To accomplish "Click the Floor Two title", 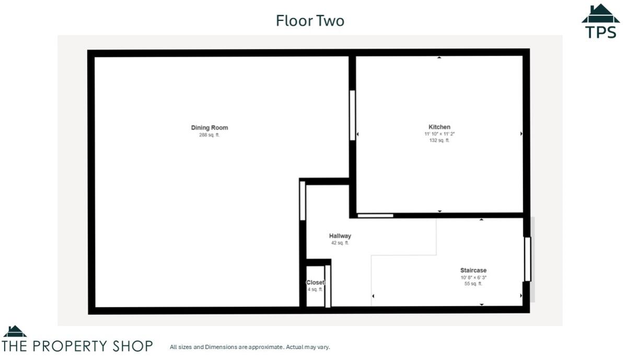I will [x=310, y=20].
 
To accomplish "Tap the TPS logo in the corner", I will [x=600, y=22].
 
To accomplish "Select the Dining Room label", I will [x=210, y=127].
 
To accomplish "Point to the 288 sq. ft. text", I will [x=210, y=135].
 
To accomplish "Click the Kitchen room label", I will [x=439, y=127].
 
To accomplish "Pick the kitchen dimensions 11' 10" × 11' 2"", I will [x=439, y=134].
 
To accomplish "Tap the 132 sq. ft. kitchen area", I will [x=439, y=140].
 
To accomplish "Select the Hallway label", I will [x=340, y=236].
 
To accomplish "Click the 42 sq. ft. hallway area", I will [x=340, y=243].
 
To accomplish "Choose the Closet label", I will [x=315, y=283].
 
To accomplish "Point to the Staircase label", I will [x=473, y=271].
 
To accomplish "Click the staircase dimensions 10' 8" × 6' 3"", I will [x=473, y=277].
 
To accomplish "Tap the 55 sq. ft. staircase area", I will [x=473, y=284].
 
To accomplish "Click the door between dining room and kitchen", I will [x=353, y=115].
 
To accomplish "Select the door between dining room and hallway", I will [x=303, y=201].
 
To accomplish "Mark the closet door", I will [x=328, y=286].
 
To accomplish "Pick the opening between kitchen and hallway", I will [x=375, y=215].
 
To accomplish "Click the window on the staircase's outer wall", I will [x=527, y=259].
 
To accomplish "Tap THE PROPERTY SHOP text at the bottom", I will [x=78, y=346].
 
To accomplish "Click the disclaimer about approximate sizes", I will [x=250, y=347].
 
